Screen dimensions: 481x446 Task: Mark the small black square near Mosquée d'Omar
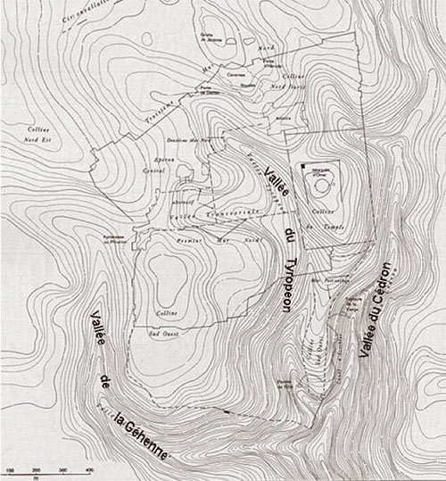[303, 167]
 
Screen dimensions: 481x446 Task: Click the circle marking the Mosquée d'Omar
[319, 188]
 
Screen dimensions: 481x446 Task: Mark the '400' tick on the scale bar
[90, 469]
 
